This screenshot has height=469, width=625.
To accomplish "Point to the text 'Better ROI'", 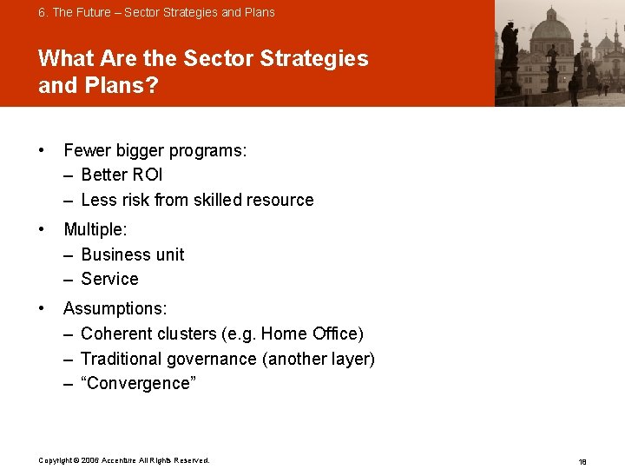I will pos(122,175).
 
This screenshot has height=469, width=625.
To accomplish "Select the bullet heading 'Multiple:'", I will pos(95,230).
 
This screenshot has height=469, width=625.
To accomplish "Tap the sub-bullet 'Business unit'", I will pos(132,254).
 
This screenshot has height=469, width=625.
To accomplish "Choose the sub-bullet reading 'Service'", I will pos(109,279).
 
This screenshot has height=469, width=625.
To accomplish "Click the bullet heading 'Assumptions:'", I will pos(115,308).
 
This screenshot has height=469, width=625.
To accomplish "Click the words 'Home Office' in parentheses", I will pos(309,334).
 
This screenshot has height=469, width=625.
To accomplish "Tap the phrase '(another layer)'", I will pos(319,359).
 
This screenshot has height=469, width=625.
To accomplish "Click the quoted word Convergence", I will pos(139,383).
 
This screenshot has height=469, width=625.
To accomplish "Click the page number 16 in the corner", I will pos(582,461).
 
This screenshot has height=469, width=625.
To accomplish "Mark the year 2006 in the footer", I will pos(90,460).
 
